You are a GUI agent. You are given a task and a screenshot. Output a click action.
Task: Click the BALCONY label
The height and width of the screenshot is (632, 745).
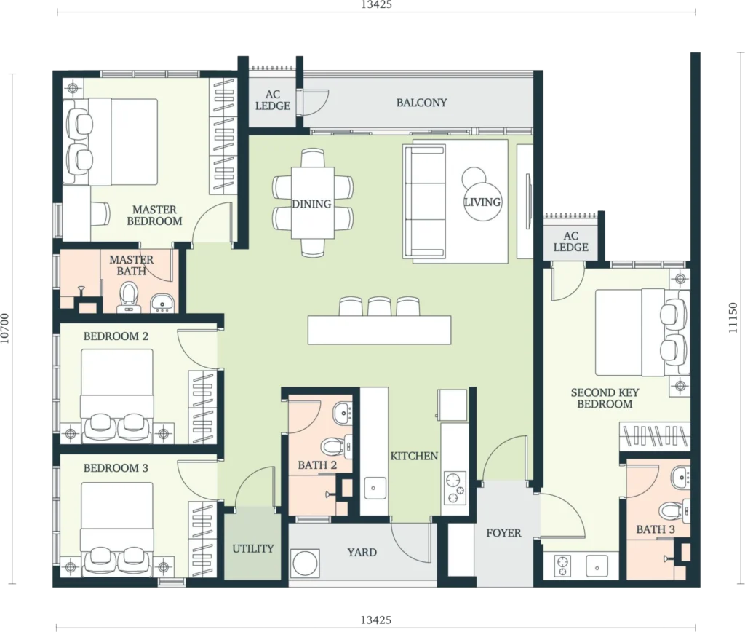421,103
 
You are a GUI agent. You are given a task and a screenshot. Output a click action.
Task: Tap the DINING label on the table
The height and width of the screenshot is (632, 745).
311,204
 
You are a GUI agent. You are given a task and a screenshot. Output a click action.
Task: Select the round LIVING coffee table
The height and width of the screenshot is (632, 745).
482,202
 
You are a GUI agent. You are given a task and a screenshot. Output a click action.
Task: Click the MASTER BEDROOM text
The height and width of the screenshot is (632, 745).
154,216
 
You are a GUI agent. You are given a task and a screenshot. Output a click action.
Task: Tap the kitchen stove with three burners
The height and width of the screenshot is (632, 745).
455,487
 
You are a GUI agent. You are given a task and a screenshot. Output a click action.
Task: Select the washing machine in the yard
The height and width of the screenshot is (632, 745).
305,564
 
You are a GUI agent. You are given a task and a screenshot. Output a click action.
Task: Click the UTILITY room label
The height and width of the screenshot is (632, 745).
252,549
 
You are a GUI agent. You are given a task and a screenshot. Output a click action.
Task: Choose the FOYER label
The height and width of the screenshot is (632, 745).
503,533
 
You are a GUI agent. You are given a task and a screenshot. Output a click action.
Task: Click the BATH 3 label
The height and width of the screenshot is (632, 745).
656,529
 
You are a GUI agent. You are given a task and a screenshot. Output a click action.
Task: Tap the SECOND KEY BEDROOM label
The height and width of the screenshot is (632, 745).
605,398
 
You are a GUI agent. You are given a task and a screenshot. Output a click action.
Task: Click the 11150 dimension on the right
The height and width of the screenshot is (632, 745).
733,317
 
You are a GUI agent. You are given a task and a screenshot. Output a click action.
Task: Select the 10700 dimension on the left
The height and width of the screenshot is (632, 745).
5,328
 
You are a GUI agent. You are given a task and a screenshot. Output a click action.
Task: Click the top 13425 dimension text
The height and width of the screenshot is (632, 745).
376,5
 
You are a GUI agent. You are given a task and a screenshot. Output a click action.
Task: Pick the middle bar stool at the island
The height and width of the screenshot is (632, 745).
379,307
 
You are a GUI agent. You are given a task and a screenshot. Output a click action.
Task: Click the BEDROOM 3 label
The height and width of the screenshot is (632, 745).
116,468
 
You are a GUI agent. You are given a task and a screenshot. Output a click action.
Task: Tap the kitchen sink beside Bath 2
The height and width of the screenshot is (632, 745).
375,488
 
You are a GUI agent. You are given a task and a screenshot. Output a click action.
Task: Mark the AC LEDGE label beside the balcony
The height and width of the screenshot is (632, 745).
273,100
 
